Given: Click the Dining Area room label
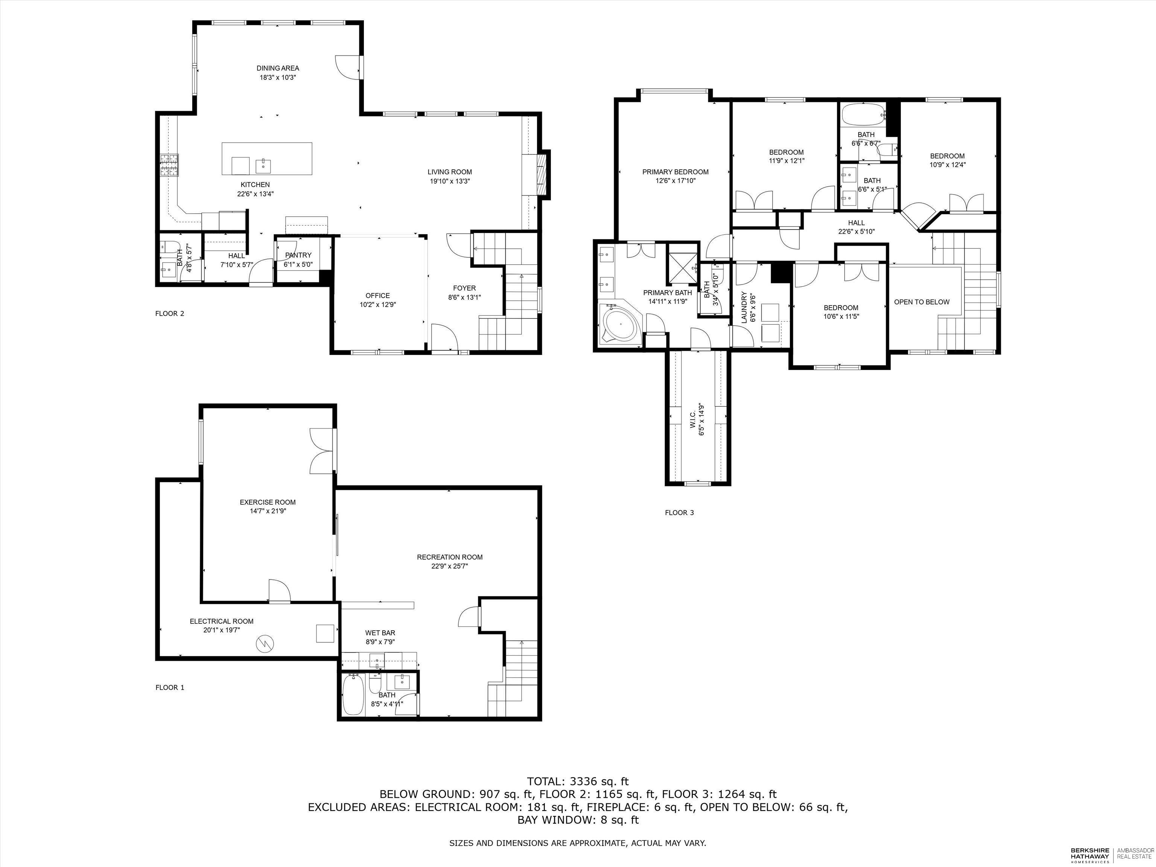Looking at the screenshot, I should pyautogui.click(x=277, y=68).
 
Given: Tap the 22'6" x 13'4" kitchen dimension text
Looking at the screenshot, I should pyautogui.click(x=255, y=194).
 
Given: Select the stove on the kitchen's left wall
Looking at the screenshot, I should pyautogui.click(x=169, y=166).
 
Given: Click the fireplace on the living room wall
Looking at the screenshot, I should pyautogui.click(x=543, y=175).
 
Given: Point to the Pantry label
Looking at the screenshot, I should pyautogui.click(x=298, y=255).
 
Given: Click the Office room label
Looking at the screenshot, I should pyautogui.click(x=377, y=295).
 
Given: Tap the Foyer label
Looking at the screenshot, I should pyautogui.click(x=464, y=288).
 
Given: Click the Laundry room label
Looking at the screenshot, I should pyautogui.click(x=745, y=307).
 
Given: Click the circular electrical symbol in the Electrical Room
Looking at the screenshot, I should pyautogui.click(x=265, y=643).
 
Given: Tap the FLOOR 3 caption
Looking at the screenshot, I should pyautogui.click(x=679, y=513).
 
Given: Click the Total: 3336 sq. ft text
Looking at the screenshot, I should pyautogui.click(x=578, y=782).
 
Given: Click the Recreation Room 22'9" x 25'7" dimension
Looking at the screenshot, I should pyautogui.click(x=449, y=566).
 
